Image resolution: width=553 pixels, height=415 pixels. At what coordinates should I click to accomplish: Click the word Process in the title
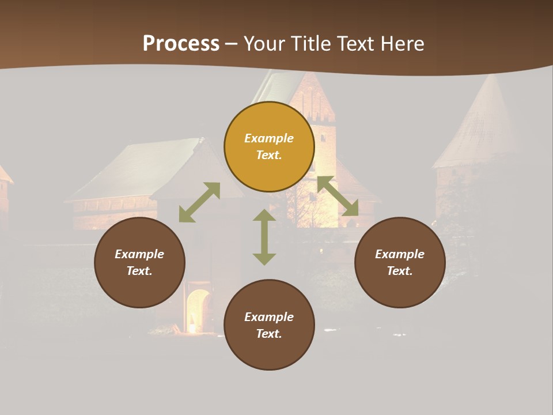pos(181,44)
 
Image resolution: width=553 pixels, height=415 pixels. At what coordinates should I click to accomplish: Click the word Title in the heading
pos(310,44)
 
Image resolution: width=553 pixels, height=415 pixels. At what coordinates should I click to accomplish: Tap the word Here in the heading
pos(400,44)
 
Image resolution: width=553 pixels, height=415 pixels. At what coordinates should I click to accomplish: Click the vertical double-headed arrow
pos(264,237)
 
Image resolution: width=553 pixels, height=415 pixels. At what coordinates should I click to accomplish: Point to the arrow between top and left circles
pos(199,202)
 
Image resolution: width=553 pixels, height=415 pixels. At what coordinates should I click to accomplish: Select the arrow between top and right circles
pos(338,196)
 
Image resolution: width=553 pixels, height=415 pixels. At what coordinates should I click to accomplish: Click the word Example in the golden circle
pos(269,138)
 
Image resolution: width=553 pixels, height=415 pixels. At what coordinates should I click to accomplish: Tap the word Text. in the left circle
pos(139,271)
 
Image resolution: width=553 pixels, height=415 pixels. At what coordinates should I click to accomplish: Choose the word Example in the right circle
pos(400,254)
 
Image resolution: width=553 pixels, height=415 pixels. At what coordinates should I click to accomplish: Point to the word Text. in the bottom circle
pos(269,334)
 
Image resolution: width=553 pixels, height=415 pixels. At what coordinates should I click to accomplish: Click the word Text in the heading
pos(356,44)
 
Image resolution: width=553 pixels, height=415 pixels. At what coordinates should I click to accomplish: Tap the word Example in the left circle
pos(139,254)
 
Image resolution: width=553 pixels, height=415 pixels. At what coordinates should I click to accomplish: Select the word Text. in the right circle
pos(400,271)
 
